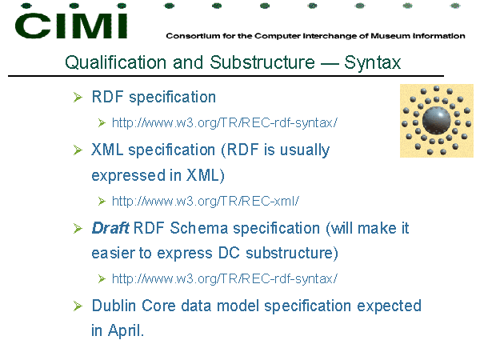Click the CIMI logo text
point(71,26)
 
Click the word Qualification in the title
point(115,62)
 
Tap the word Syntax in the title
point(372,63)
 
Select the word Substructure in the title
point(262,62)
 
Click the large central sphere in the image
point(436,120)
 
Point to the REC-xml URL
point(205,201)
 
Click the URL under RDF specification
point(224,122)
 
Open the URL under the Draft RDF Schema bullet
point(224,279)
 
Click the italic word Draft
point(110,228)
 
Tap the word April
point(126,331)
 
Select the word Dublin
point(114,306)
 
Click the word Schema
point(199,228)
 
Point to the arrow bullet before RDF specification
point(78,98)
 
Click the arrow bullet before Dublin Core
point(78,306)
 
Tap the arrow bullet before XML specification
point(78,150)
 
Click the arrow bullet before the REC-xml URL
point(102,202)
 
